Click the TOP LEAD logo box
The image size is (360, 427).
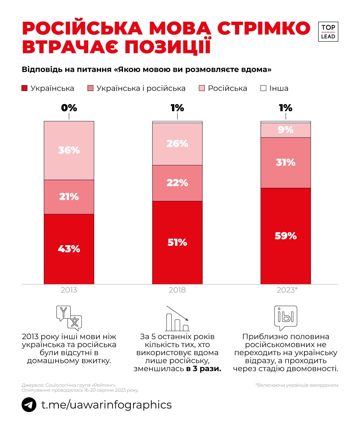coord(328,32)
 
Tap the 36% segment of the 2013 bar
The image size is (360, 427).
coord(69,150)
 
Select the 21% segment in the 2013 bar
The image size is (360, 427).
coord(69,197)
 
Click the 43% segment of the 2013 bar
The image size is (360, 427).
coord(69,249)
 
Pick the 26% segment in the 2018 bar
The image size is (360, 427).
coord(177,144)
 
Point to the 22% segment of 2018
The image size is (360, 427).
coord(177,183)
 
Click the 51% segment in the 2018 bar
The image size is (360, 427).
coord(177,243)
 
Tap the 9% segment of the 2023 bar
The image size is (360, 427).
coord(286,130)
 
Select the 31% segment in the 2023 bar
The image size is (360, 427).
coord(286,162)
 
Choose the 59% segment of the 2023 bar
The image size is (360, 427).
coord(286,236)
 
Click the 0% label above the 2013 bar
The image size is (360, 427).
coord(69,108)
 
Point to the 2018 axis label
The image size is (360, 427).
coord(177,290)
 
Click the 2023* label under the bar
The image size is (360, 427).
coord(287,290)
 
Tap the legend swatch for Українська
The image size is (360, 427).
coord(24,88)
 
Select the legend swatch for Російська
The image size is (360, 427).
coord(202,88)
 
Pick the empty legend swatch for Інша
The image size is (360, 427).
coord(263,88)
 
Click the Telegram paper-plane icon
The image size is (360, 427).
coord(29,405)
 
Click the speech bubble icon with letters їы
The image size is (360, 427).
coord(286,318)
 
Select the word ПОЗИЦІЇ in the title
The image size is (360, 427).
coord(168,47)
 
